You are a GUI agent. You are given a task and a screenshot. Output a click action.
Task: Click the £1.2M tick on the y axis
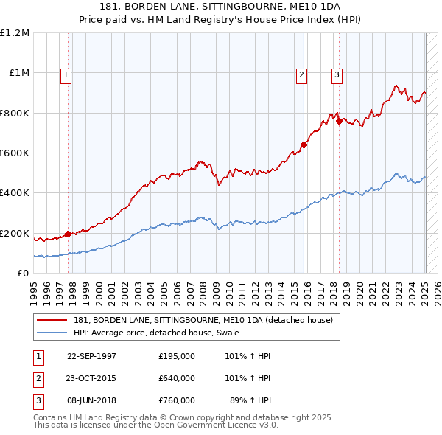[15, 33]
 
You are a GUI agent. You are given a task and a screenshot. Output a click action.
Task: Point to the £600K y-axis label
[15, 153]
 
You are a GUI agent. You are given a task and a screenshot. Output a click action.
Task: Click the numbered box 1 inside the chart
[66, 74]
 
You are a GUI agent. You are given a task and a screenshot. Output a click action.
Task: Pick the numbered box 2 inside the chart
[302, 74]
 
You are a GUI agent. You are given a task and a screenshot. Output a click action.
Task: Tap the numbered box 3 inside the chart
[337, 74]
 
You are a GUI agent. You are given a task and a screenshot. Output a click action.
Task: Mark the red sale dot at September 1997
[69, 234]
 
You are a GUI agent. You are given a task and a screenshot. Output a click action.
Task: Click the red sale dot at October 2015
[304, 145]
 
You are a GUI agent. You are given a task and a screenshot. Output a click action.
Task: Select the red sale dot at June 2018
[338, 121]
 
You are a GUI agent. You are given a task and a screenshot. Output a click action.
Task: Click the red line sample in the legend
[53, 320]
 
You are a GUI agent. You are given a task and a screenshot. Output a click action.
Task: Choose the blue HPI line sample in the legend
[53, 333]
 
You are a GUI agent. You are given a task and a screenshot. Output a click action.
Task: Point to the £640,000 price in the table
[176, 378]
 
